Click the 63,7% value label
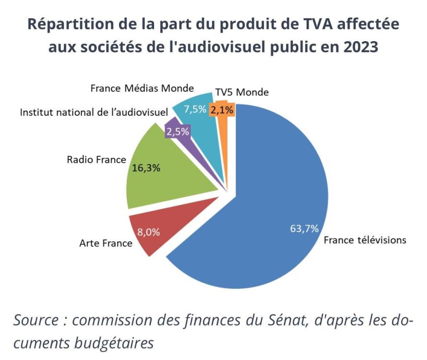point(304,228)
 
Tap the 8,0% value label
point(148,232)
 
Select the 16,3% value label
point(146,168)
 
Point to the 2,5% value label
point(178,132)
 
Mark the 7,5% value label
point(195,109)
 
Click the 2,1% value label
point(222,110)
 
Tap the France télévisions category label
point(365,240)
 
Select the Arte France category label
point(106,243)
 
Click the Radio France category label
point(96,159)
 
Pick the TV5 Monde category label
point(242,92)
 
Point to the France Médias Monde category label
point(142,88)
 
